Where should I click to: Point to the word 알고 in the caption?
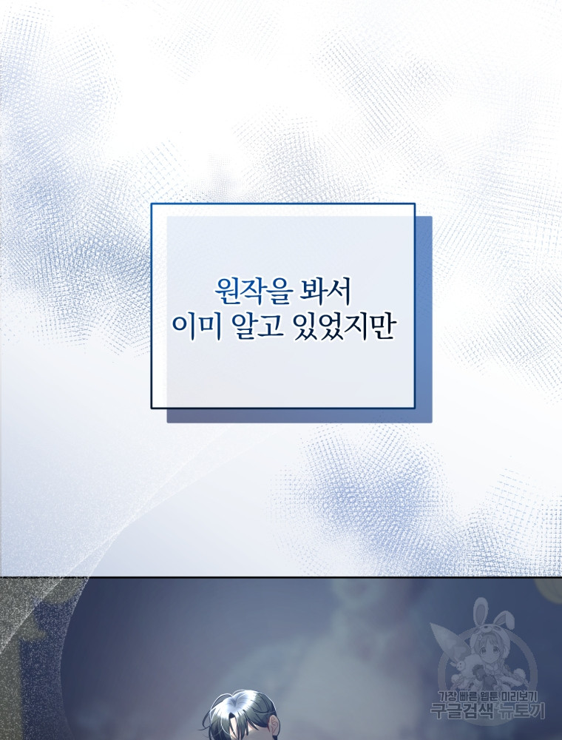[x=258, y=326]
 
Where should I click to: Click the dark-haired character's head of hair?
[x=238, y=713]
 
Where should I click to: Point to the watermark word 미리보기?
[x=518, y=696]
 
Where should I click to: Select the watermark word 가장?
[x=448, y=696]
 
